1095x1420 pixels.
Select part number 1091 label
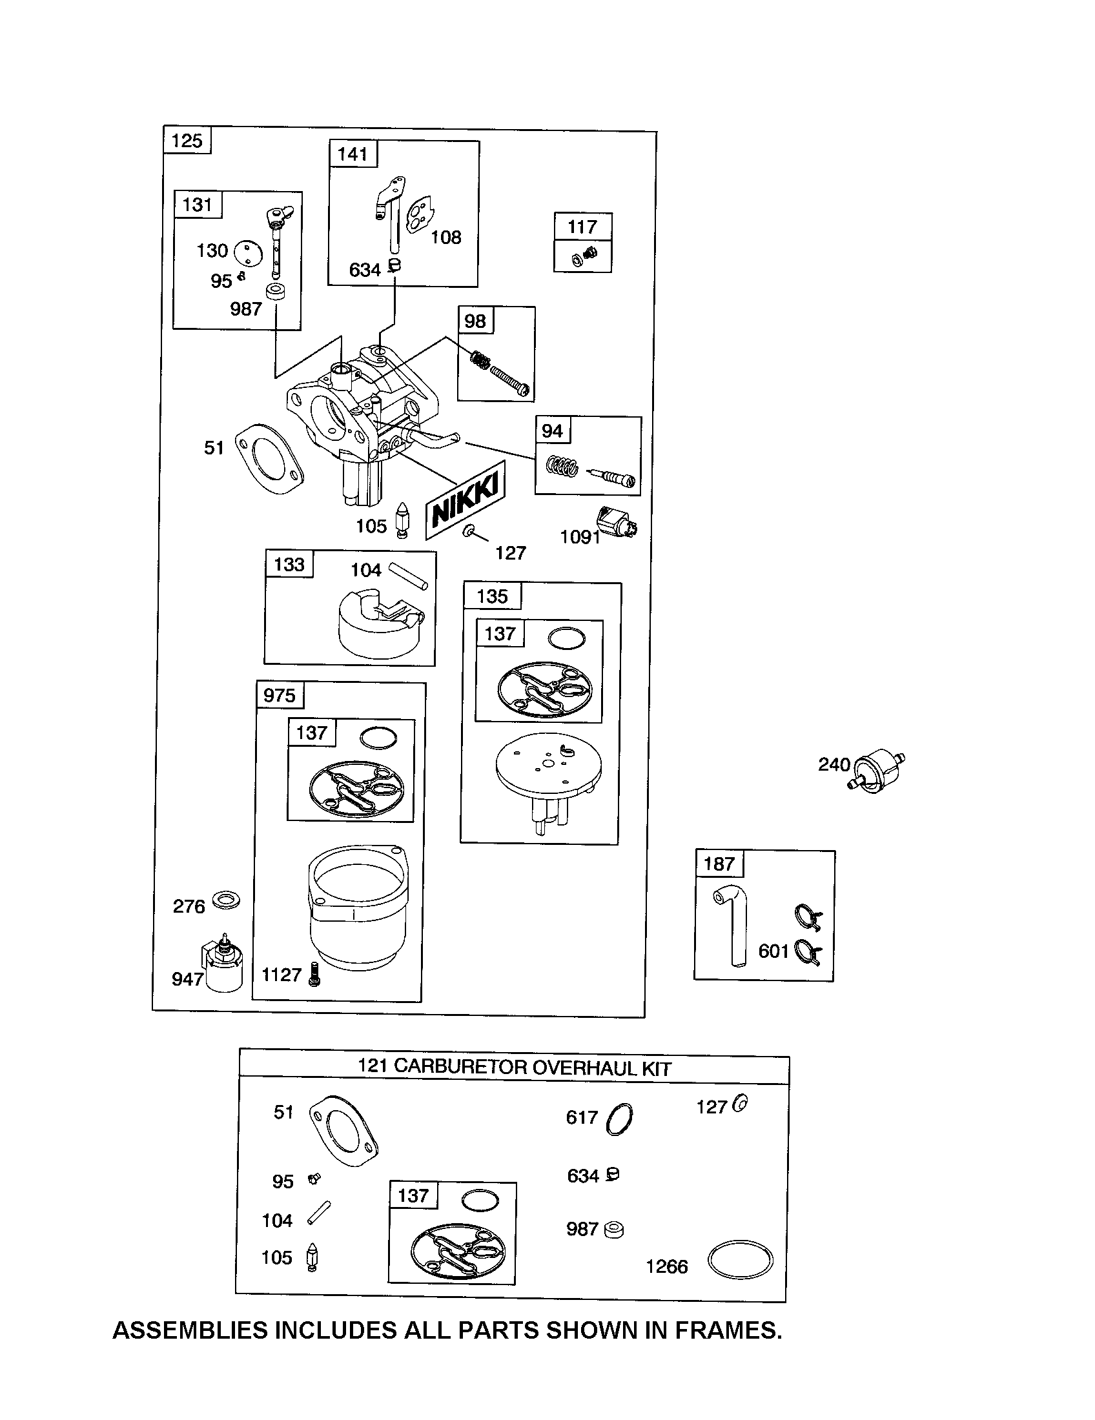pyautogui.click(x=580, y=536)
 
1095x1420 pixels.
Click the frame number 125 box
pyautogui.click(x=187, y=141)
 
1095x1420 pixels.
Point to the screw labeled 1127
pyautogui.click(x=315, y=975)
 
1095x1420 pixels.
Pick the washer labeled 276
pyautogui.click(x=225, y=900)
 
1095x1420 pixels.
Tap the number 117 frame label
pyautogui.click(x=582, y=227)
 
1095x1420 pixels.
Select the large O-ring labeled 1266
pyautogui.click(x=740, y=1261)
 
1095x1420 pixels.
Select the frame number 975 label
pyautogui.click(x=280, y=696)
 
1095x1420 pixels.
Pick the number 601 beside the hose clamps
pyautogui.click(x=773, y=951)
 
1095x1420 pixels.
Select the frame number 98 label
pyautogui.click(x=475, y=321)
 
